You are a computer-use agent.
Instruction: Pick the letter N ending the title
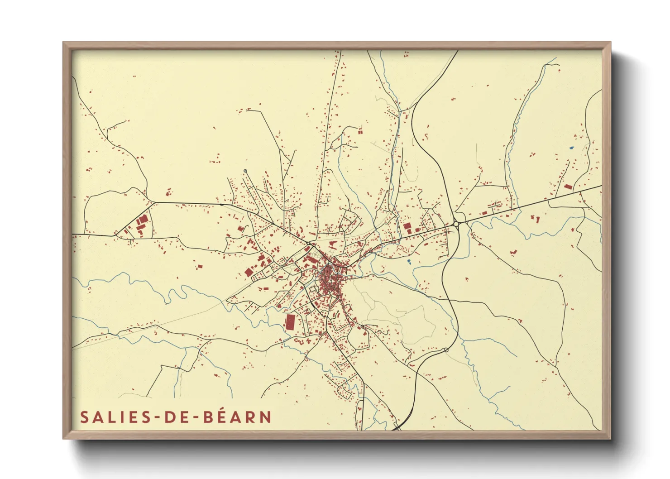click(x=265, y=417)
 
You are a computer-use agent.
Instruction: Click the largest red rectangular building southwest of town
click(x=290, y=321)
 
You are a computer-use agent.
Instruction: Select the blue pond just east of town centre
click(x=409, y=262)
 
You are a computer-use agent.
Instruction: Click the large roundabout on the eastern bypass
click(x=456, y=223)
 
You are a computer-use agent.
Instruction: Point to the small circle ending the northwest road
click(x=245, y=171)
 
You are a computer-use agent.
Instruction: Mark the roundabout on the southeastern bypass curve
click(x=446, y=350)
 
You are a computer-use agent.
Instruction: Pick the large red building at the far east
click(x=568, y=187)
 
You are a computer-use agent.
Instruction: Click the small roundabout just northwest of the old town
click(x=309, y=244)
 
